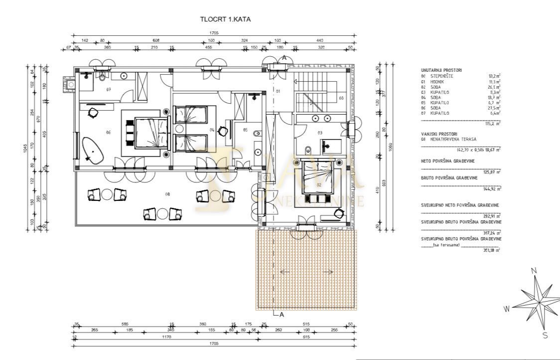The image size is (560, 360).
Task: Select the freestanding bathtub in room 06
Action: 93,150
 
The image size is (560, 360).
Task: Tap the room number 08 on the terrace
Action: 167,194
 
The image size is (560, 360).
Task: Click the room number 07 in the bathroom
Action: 108,89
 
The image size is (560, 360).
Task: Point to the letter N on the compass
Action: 534,271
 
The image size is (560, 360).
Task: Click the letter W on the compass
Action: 507,309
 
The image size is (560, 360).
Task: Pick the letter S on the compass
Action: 545,335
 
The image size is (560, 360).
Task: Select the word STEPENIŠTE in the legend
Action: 443,76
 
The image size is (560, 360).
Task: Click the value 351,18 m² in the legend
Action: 493,250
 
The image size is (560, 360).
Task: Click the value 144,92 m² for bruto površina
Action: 493,188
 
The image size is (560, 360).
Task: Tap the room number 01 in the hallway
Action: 278,91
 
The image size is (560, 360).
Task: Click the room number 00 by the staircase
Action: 341,98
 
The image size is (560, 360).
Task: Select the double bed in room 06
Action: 146,132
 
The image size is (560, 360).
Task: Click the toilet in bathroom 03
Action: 308,149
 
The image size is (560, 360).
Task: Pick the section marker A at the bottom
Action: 282,314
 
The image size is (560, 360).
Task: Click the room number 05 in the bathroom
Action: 245,130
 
